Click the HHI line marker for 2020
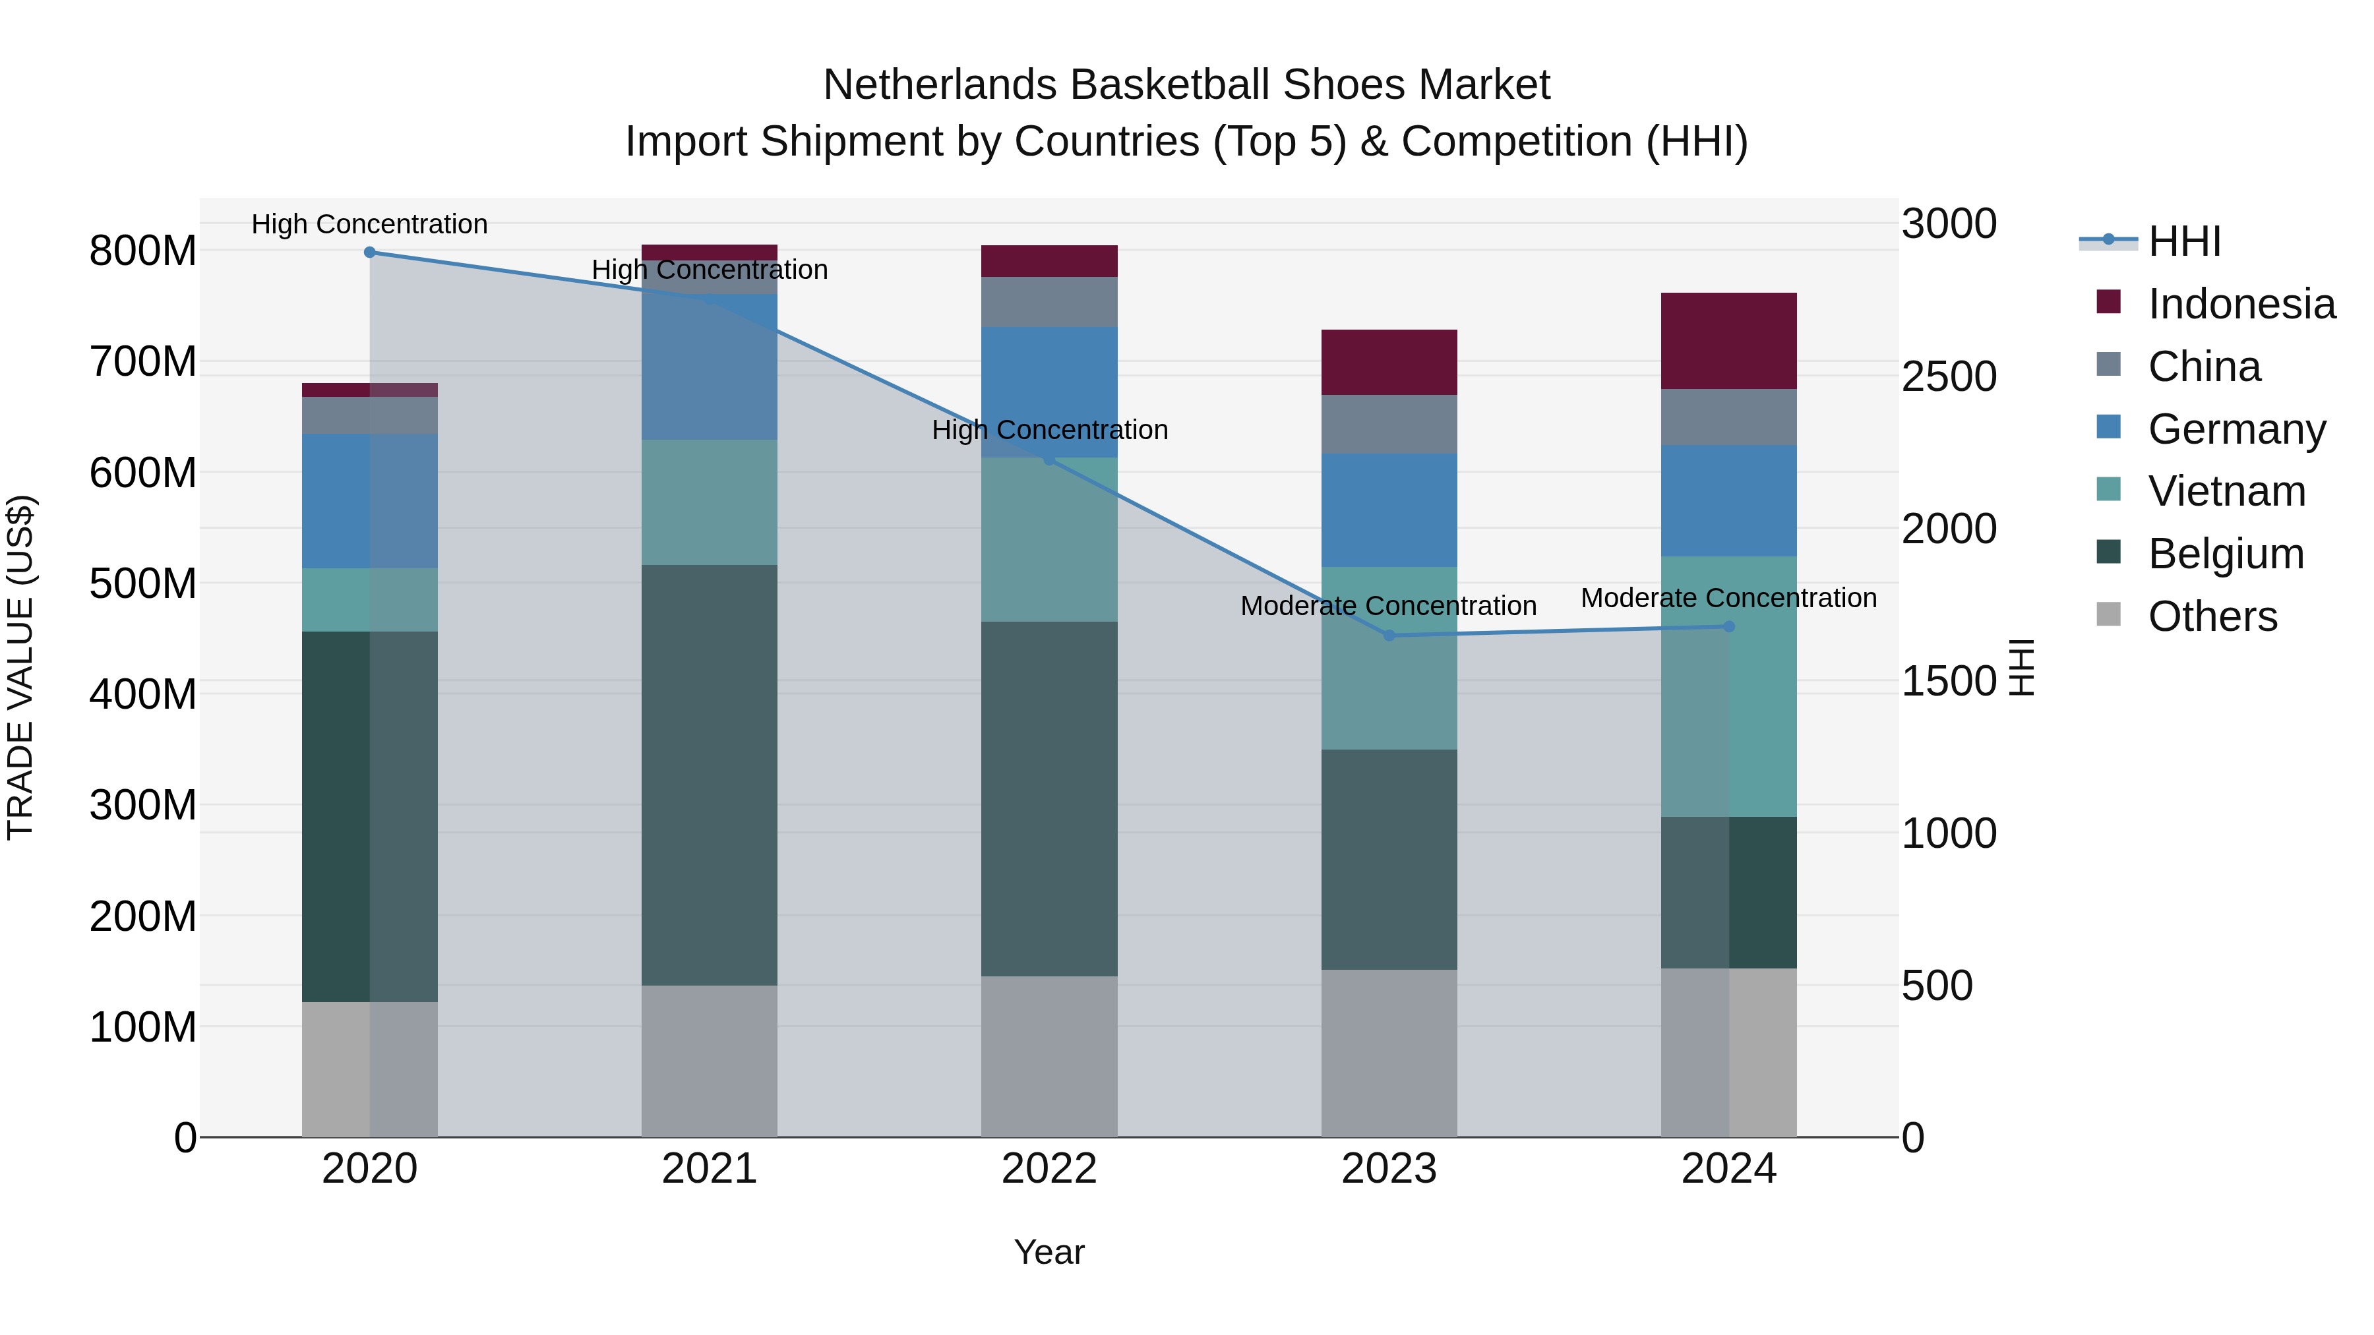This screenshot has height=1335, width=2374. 369,252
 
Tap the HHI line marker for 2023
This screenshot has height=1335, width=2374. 1389,635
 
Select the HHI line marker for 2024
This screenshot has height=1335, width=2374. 1729,626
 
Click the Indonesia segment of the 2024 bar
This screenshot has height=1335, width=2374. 1729,341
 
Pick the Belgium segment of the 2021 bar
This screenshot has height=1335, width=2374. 709,774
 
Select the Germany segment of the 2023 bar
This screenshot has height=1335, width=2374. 1389,510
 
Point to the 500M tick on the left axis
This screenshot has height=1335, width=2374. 143,583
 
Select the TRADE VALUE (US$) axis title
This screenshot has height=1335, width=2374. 20,667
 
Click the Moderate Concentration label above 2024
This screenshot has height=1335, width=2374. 1729,598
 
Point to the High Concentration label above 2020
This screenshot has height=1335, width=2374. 369,224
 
